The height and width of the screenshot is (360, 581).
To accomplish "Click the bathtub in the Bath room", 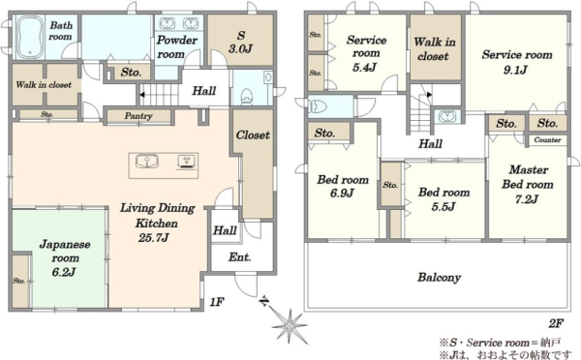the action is [29, 37].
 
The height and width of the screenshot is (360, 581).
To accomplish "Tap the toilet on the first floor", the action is [246, 96].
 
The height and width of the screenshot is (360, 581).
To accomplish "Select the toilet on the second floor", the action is [318, 107].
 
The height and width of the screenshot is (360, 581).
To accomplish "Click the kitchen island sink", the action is [147, 162].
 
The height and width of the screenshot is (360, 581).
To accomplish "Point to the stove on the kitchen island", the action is [186, 162].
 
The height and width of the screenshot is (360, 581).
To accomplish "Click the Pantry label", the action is [138, 116].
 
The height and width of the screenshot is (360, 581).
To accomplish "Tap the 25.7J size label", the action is [153, 237].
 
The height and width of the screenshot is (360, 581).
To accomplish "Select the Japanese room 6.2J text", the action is [65, 258].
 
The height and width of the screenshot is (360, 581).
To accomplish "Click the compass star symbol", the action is [290, 325].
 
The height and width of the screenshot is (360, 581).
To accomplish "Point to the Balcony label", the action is [439, 278].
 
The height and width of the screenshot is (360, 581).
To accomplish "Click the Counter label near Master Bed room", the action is [547, 140].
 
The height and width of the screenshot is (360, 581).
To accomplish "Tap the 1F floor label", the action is [217, 302].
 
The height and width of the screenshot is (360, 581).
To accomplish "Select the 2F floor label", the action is [556, 323].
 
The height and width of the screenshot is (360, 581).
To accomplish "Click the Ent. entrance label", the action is [239, 257].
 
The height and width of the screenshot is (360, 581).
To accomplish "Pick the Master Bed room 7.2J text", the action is [528, 185].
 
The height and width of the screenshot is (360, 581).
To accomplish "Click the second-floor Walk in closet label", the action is [435, 49].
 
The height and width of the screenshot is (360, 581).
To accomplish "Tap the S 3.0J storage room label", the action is [241, 43].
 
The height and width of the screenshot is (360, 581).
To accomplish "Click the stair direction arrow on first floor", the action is [142, 95].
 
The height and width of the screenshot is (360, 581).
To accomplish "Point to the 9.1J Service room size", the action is [515, 70].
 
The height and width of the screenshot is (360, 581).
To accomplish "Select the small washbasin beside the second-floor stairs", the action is [447, 117].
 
